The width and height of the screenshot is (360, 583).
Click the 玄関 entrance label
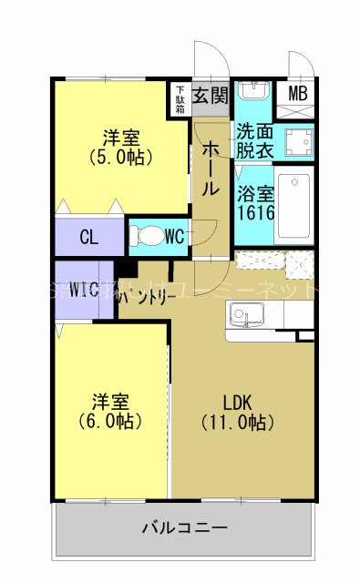(x=211, y=96)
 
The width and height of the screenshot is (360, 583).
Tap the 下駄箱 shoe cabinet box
(x=180, y=98)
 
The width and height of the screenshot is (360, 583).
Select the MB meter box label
(x=298, y=93)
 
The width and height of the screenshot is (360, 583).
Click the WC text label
(x=175, y=238)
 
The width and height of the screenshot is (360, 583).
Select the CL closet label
(x=88, y=239)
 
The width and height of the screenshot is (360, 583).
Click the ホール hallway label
(x=209, y=169)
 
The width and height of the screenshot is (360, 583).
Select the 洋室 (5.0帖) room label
(x=120, y=147)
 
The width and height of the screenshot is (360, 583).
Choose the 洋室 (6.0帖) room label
(x=108, y=411)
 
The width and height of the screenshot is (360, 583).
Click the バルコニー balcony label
(x=184, y=527)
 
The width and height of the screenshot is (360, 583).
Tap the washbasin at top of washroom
(x=252, y=92)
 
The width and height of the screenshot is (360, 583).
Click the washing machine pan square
(x=293, y=142)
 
